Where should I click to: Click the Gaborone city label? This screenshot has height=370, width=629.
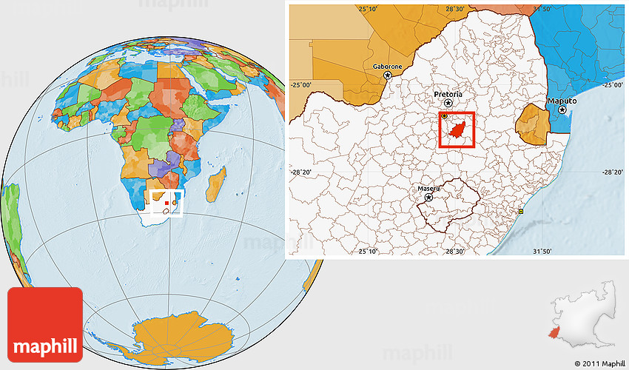387,67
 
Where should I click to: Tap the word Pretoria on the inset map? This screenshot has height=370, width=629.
447,95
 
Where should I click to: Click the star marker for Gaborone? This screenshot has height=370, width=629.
387,75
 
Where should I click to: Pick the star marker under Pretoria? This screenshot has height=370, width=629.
448,104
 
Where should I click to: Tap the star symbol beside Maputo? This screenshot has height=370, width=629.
562,110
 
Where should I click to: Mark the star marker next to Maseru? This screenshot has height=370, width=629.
428,198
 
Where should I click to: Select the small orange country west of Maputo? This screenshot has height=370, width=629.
531,124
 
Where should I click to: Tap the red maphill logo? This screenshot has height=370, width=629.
45,324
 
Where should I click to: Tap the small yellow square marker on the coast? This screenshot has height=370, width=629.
521,212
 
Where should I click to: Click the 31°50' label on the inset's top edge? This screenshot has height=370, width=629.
542,9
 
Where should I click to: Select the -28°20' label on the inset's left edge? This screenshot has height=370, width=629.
304,172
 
